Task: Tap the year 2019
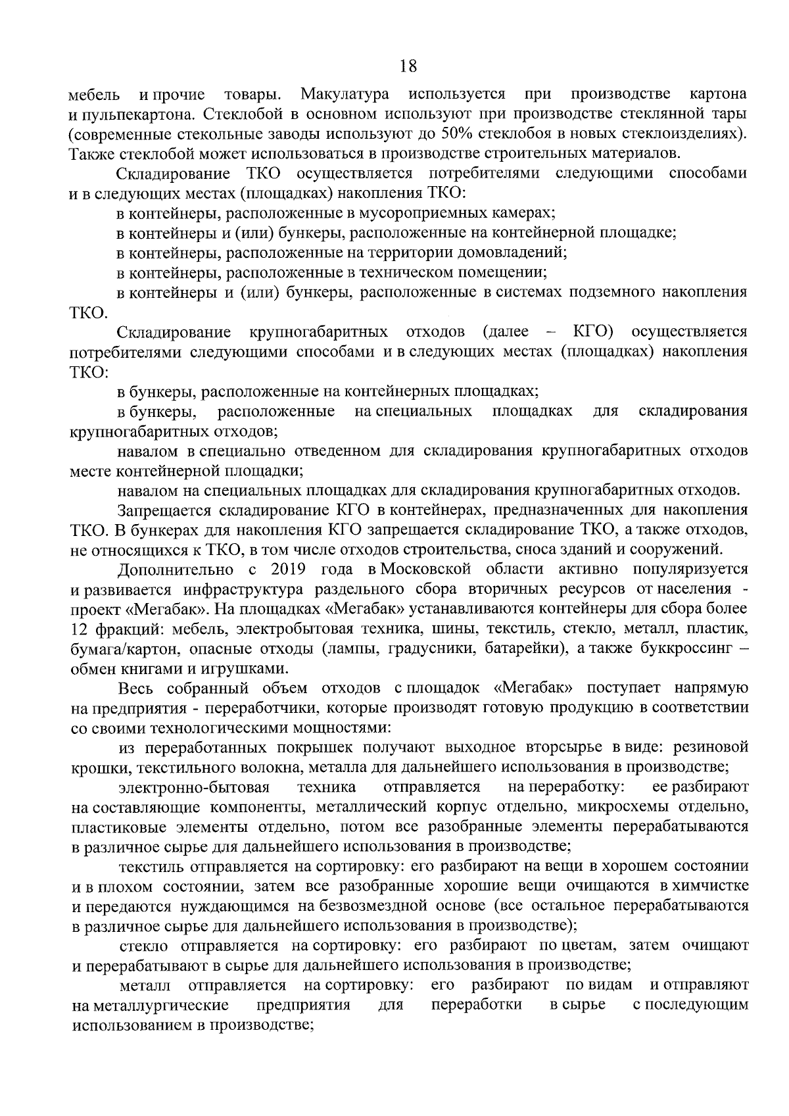click(287, 569)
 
